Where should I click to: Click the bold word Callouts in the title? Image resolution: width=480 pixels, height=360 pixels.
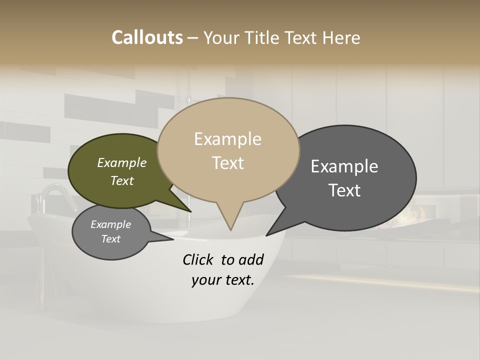click(147, 37)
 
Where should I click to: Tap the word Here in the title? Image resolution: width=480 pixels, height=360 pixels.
click(340, 37)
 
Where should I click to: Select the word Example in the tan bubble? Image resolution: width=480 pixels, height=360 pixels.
click(227, 139)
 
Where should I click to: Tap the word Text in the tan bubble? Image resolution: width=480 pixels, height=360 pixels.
click(227, 163)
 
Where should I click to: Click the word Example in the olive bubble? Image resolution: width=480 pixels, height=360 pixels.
click(122, 162)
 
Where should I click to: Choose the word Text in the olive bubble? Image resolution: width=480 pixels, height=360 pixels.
click(122, 180)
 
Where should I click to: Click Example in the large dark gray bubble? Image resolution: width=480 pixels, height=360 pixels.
click(344, 166)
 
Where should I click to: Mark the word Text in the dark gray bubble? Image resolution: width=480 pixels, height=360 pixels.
click(344, 190)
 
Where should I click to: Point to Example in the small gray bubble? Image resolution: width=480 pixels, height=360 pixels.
click(111, 224)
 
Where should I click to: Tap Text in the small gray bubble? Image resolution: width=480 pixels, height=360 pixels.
click(111, 239)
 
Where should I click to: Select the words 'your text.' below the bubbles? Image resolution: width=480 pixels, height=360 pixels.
click(223, 280)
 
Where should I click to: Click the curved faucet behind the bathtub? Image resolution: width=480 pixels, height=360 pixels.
click(52, 192)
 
